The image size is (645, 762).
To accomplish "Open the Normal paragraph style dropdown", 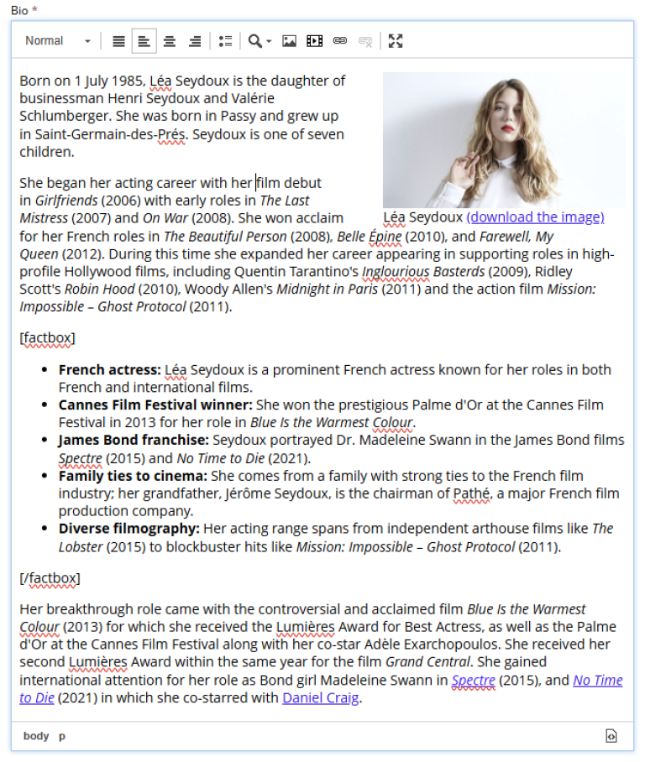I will (x=57, y=41).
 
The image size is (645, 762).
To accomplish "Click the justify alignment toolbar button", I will (x=118, y=41).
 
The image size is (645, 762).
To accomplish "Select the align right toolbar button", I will (x=195, y=41).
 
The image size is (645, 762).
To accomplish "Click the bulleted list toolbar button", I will (x=225, y=41).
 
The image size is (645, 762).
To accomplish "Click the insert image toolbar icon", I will (x=289, y=41).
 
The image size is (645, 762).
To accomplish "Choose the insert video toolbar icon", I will (x=314, y=41).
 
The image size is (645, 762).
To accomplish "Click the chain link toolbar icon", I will (x=340, y=41).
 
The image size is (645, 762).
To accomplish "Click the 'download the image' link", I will (x=535, y=217).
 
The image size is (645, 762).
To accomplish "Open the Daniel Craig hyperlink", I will (x=320, y=698).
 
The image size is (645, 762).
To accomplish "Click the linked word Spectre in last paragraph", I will (x=473, y=681).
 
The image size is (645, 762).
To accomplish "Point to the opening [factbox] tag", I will (x=47, y=338).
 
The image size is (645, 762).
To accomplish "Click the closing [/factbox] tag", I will (x=50, y=578).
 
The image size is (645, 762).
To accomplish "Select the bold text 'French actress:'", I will (x=109, y=370).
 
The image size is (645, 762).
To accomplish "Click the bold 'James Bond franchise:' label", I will (x=134, y=441).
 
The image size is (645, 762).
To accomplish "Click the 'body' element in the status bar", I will (x=36, y=736).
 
